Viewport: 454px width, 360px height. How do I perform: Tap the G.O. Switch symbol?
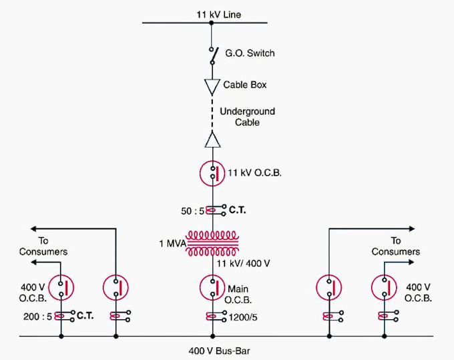(212, 56)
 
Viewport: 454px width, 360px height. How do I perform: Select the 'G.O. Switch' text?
(250, 53)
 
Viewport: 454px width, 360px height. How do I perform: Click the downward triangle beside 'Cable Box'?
(212, 86)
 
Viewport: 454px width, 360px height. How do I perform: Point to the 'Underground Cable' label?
(247, 117)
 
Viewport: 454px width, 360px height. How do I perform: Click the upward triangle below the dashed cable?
(212, 139)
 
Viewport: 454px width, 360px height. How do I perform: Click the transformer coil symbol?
(212, 244)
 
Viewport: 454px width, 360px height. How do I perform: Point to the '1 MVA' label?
(172, 244)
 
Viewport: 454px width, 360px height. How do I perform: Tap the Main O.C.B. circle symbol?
(212, 288)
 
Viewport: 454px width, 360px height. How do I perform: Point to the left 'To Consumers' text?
(45, 246)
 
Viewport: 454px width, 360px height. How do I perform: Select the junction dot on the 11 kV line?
(212, 23)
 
